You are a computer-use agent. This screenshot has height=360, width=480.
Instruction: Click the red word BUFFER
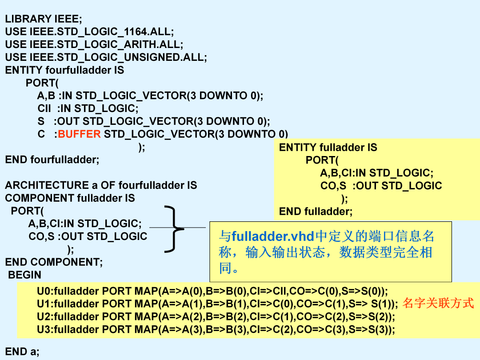pos(79,134)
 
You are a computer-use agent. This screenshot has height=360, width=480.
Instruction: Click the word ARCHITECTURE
pos(47,185)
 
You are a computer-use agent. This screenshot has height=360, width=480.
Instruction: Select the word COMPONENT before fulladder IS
pos(40,198)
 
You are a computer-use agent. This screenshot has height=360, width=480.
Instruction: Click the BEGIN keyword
pos(24,275)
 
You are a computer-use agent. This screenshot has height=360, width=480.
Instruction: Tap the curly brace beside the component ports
pos(174,229)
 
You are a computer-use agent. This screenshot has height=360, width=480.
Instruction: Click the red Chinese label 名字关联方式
pos(438,303)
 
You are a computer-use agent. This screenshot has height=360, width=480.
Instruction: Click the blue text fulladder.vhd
pos(273,236)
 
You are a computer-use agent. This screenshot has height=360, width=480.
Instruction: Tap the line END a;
pos(22,352)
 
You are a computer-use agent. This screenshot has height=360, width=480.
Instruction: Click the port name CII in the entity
pos(44,108)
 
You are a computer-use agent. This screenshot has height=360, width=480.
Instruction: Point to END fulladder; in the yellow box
pos(316,211)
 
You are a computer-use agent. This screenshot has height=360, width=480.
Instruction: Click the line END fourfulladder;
pos(52,160)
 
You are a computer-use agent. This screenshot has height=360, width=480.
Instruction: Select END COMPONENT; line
pos(54,262)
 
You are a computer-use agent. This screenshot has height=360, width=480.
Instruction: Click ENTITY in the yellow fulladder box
pos(297,147)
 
